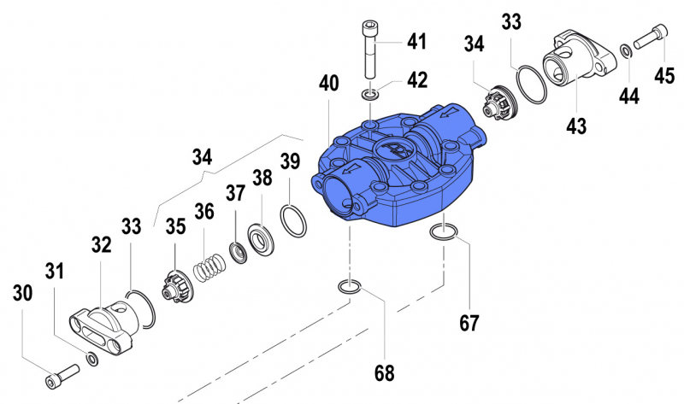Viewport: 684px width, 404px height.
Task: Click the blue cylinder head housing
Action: coord(398,171)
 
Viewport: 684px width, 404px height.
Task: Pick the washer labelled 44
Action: coord(626,51)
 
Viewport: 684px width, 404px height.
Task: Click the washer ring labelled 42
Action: coord(369,93)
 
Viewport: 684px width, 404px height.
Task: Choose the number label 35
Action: coord(175,226)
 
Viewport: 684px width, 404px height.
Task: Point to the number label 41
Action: coord(416,42)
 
